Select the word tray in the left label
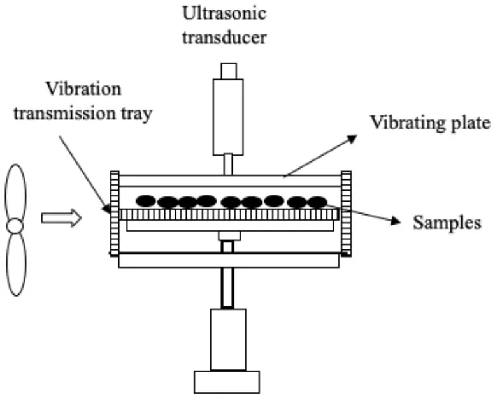click(x=140, y=114)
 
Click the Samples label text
click(x=446, y=223)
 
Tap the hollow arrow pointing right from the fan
click(x=61, y=219)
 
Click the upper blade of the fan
click(x=16, y=191)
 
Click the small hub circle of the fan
click(x=15, y=226)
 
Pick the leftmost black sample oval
click(x=146, y=200)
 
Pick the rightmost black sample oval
click(x=317, y=202)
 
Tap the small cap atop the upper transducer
click(x=228, y=70)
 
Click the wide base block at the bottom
click(x=227, y=381)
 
